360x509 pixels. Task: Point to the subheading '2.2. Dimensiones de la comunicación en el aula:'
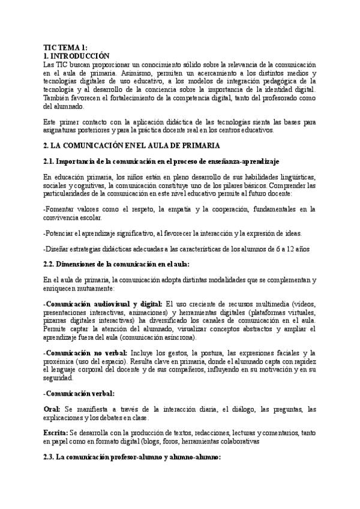tap(116, 264)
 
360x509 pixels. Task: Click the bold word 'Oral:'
tap(52, 409)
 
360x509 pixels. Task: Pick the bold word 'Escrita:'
tap(56, 432)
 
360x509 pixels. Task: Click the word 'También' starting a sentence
tap(57, 98)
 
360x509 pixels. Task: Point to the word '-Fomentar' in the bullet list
tap(61, 209)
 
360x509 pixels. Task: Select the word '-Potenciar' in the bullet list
tap(61, 233)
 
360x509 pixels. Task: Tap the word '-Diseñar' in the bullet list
tap(58, 248)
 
